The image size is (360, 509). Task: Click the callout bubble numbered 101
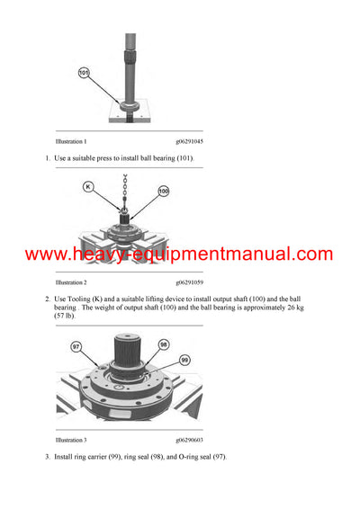[85, 72]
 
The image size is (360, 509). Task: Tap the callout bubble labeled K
[88, 187]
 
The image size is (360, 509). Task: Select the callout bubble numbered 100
[163, 192]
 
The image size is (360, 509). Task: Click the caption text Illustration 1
[71, 142]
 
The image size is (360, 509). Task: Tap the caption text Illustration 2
[71, 281]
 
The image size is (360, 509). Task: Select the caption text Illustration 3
[71, 440]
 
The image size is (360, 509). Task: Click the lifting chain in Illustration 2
[126, 191]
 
